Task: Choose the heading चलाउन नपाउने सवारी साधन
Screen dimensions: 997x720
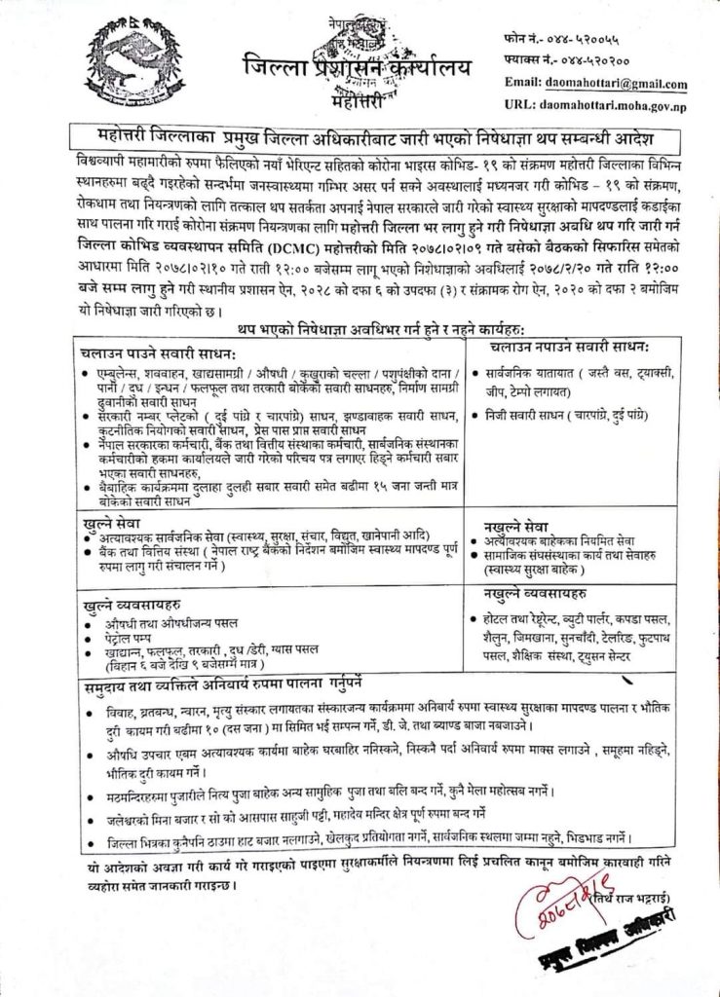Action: [x=569, y=346]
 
